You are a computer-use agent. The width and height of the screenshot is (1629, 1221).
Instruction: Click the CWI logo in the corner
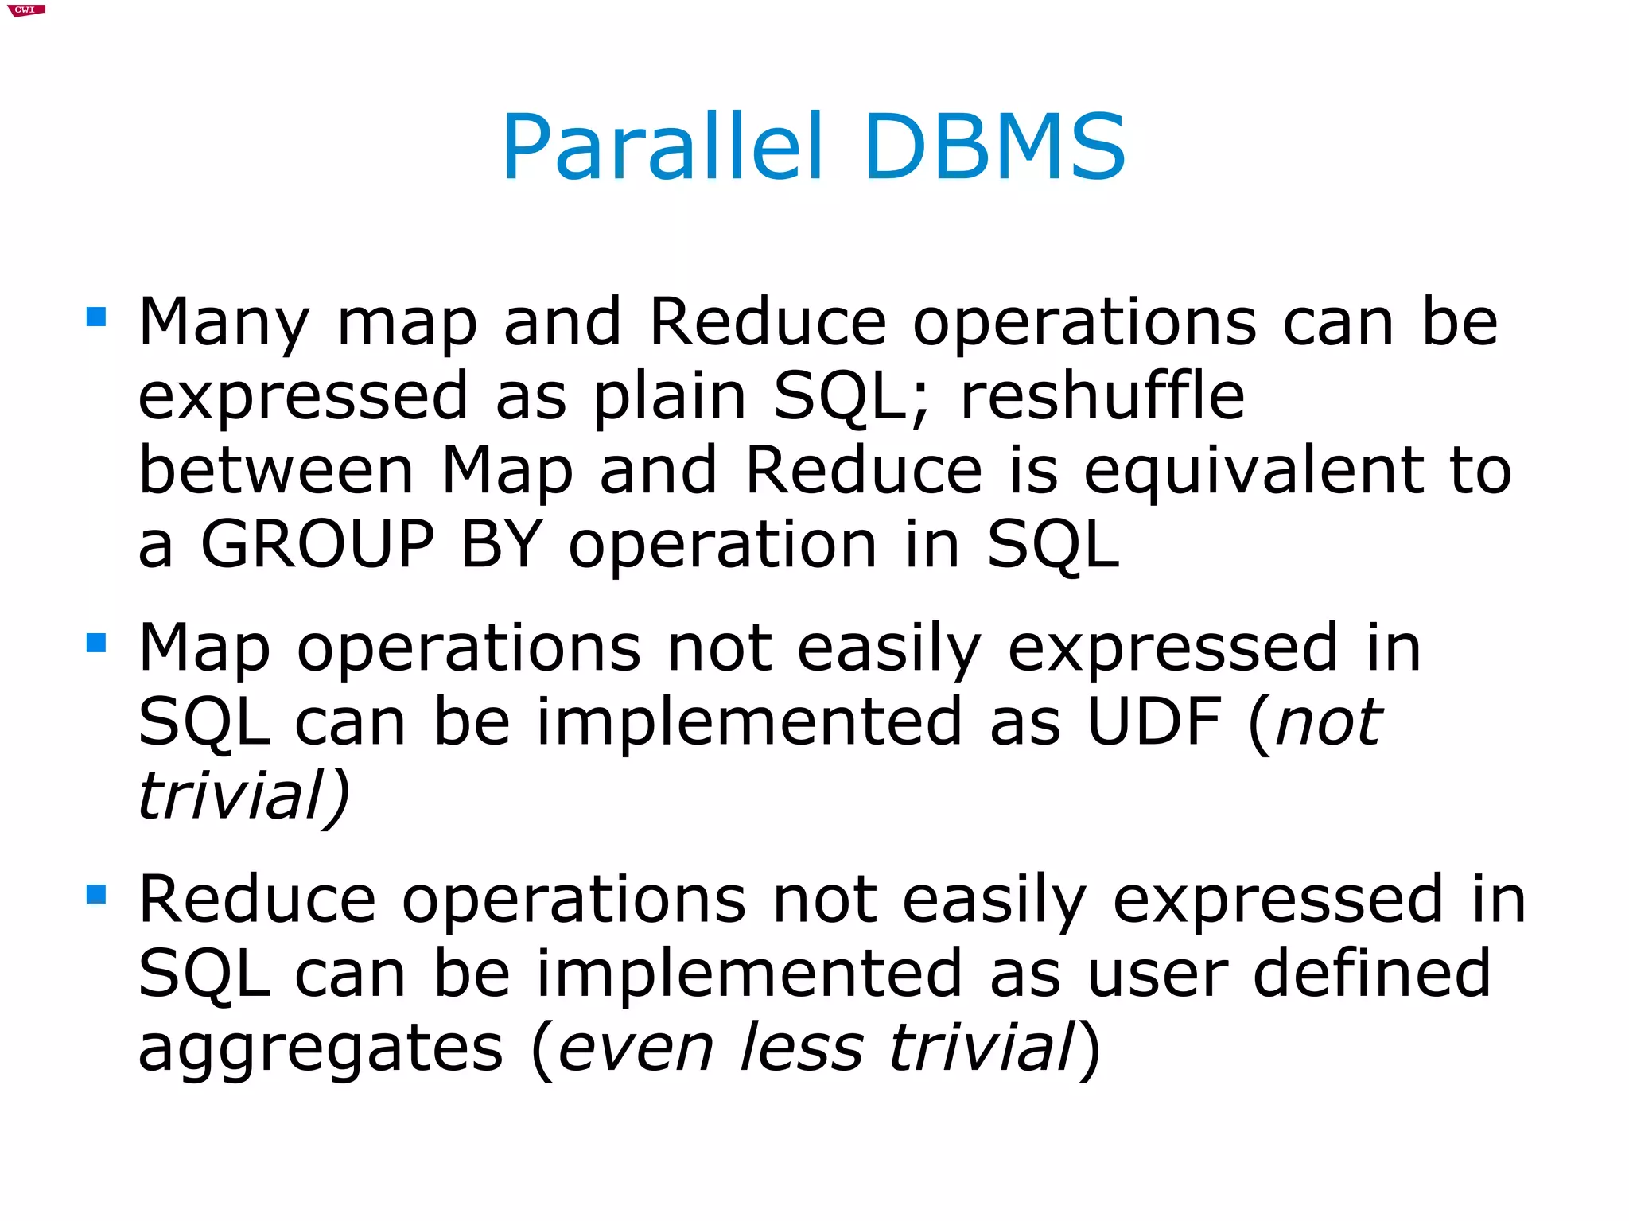click(x=25, y=10)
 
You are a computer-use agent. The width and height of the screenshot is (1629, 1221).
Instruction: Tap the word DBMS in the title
click(x=994, y=148)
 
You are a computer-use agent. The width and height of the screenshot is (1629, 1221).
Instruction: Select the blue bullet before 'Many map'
click(x=96, y=317)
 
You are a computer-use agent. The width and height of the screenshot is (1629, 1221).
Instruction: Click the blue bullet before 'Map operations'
click(x=96, y=643)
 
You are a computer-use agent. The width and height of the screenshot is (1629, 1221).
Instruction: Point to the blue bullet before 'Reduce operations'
click(x=96, y=894)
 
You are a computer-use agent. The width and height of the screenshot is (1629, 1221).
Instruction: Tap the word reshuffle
click(x=1102, y=396)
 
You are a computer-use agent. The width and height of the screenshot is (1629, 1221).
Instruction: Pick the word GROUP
click(x=317, y=545)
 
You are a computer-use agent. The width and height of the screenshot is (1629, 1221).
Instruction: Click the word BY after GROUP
click(x=501, y=545)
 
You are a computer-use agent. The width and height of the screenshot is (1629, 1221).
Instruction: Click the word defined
click(x=1372, y=974)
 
